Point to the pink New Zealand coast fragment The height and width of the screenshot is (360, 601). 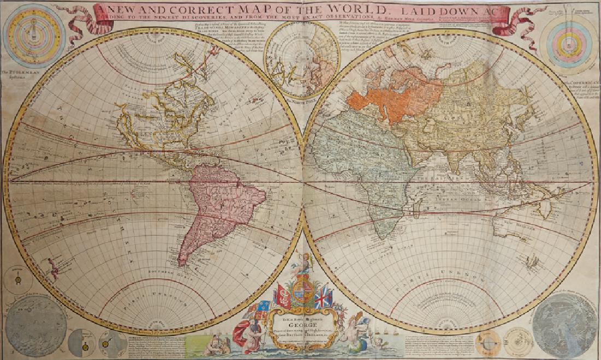(x=52, y=268)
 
